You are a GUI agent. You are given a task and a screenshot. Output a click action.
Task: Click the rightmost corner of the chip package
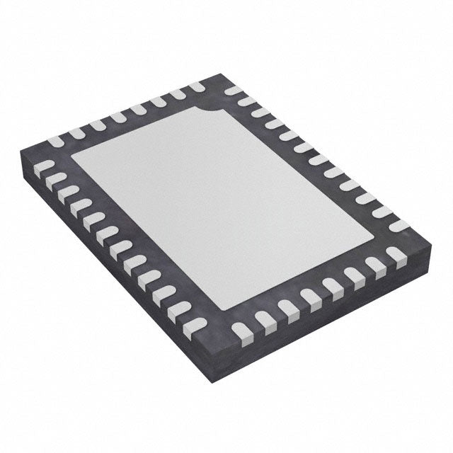[430, 243]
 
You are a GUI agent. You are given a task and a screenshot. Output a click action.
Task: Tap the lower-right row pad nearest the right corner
[395, 254]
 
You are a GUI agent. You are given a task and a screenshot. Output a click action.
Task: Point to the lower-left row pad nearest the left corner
[45, 167]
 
